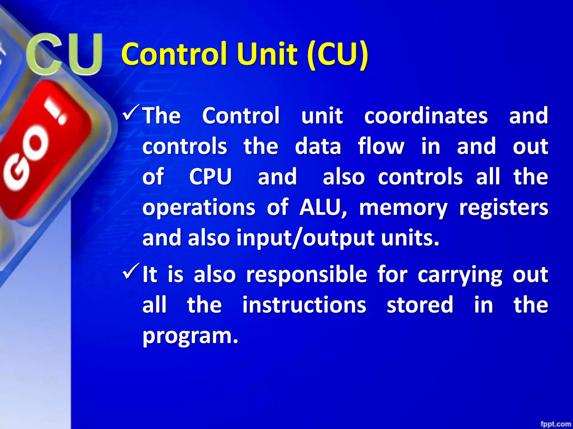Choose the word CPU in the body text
(x=210, y=177)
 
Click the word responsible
(x=306, y=275)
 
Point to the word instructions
(x=304, y=305)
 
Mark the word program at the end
(x=190, y=336)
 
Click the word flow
(x=381, y=146)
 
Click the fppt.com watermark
(x=555, y=424)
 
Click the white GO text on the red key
(x=27, y=161)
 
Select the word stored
(x=420, y=305)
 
